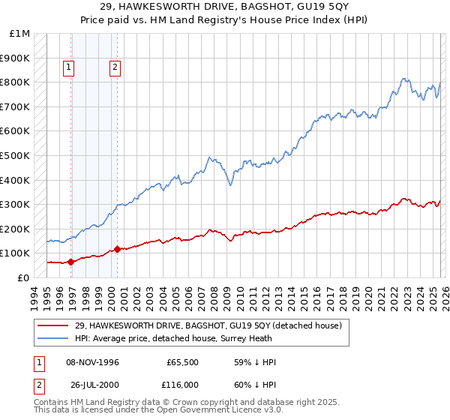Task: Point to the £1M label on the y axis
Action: point(21,34)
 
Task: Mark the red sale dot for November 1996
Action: point(71,262)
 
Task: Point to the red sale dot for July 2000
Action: point(118,250)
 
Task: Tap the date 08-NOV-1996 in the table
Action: point(94,362)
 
